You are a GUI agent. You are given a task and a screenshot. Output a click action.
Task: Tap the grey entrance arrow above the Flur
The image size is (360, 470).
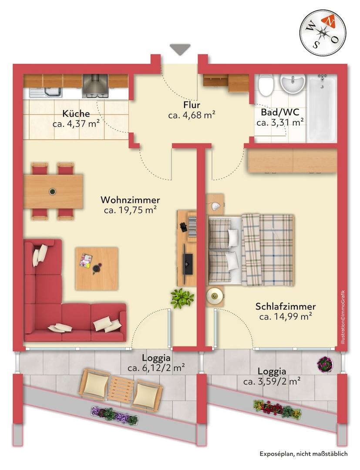click(180, 49)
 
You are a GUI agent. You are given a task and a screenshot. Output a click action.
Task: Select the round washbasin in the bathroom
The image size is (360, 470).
click(293, 83)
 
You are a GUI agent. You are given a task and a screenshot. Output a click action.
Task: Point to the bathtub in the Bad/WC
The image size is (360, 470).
click(322, 108)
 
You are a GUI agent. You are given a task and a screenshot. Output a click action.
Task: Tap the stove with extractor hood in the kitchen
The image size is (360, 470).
click(95, 86)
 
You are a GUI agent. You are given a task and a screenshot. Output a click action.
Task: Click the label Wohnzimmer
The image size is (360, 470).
click(131, 200)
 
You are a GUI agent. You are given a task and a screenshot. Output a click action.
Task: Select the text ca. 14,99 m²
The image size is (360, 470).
click(286, 316)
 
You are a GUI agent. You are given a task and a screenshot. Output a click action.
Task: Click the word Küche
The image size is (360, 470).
click(76, 114)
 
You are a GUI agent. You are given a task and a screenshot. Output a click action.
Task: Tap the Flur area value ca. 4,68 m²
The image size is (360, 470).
click(192, 115)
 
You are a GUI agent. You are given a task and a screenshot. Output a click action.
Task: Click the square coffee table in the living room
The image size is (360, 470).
click(97, 269)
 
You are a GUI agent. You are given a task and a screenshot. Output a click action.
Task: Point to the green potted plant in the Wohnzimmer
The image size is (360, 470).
click(182, 298)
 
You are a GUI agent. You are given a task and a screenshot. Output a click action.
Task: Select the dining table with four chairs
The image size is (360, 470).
click(53, 191)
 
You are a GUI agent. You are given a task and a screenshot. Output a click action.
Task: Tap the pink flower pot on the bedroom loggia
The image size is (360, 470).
click(325, 364)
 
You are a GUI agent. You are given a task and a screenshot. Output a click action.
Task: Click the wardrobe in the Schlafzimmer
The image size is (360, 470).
click(293, 161)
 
